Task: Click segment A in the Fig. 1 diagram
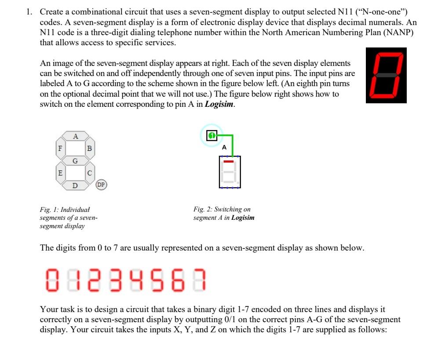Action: coord(75,137)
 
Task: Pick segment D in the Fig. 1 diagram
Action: coord(75,185)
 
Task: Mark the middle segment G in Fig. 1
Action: coord(75,161)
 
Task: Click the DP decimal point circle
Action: coord(101,185)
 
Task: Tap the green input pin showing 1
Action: coord(212,136)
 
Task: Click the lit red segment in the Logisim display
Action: coord(228,161)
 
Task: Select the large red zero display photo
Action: coord(386,76)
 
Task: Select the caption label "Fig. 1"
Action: coord(48,209)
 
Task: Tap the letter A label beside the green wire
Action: coord(224,148)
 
